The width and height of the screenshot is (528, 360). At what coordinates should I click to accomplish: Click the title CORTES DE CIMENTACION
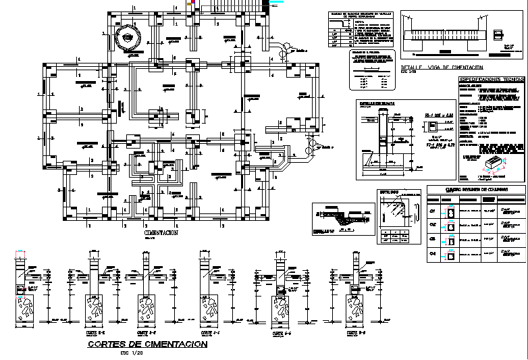148,344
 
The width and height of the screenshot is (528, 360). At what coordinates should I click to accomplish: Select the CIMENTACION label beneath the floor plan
161,232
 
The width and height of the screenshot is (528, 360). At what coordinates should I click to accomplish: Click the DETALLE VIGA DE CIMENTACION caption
442,68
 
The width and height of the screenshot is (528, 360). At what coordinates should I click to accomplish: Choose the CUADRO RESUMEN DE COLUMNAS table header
476,189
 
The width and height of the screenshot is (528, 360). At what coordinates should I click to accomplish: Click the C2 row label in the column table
433,225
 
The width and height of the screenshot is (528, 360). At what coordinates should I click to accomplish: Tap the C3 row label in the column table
433,239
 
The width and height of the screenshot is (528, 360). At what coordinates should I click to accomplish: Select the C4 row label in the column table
433,253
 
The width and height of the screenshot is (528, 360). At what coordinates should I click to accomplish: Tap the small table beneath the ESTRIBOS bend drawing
395,236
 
